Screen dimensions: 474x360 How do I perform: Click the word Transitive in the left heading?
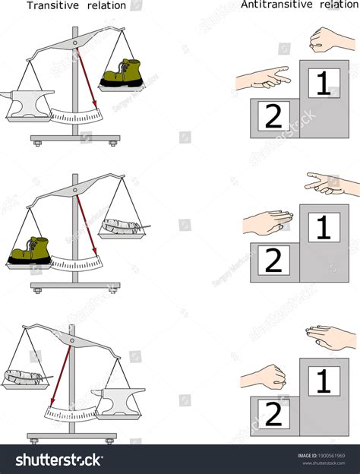52,5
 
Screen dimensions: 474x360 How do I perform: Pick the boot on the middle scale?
28,253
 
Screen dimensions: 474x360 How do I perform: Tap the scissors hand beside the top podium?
262,77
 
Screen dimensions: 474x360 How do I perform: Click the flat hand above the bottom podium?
331,337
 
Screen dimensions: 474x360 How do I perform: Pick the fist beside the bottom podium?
264,377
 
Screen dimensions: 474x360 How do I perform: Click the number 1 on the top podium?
324,83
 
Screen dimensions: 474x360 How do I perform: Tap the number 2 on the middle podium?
273,261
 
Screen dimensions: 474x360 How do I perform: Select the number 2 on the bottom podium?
273,415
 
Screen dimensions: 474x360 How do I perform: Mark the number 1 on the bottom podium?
324,381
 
